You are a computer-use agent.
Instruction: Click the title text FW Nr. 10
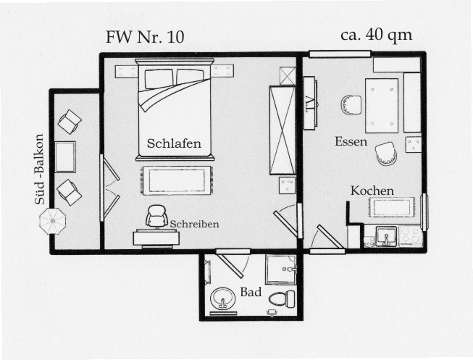[x=145, y=37]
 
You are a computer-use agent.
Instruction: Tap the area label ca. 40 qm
[x=376, y=35]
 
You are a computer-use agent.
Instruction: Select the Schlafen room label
[x=174, y=143]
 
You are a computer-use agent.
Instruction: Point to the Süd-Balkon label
[x=40, y=169]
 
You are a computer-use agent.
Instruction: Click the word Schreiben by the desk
[x=195, y=225]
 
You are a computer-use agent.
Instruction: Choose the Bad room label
[x=251, y=292]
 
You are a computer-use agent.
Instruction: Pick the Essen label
[x=351, y=141]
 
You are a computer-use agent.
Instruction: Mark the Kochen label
[x=372, y=191]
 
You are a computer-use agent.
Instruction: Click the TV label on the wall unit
[x=310, y=104]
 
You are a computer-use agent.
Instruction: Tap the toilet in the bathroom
[x=282, y=298]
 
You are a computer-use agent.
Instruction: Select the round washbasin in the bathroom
[x=223, y=298]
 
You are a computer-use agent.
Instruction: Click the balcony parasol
[x=52, y=221]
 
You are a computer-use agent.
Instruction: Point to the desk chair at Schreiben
[x=156, y=216]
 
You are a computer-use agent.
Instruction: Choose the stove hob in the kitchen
[x=411, y=235]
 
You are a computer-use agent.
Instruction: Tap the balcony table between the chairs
[x=65, y=157]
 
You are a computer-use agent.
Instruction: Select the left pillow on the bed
[x=159, y=79]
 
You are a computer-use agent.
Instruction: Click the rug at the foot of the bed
[x=177, y=180]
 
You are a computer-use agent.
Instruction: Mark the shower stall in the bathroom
[x=281, y=269]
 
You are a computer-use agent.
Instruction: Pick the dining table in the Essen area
[x=382, y=106]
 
